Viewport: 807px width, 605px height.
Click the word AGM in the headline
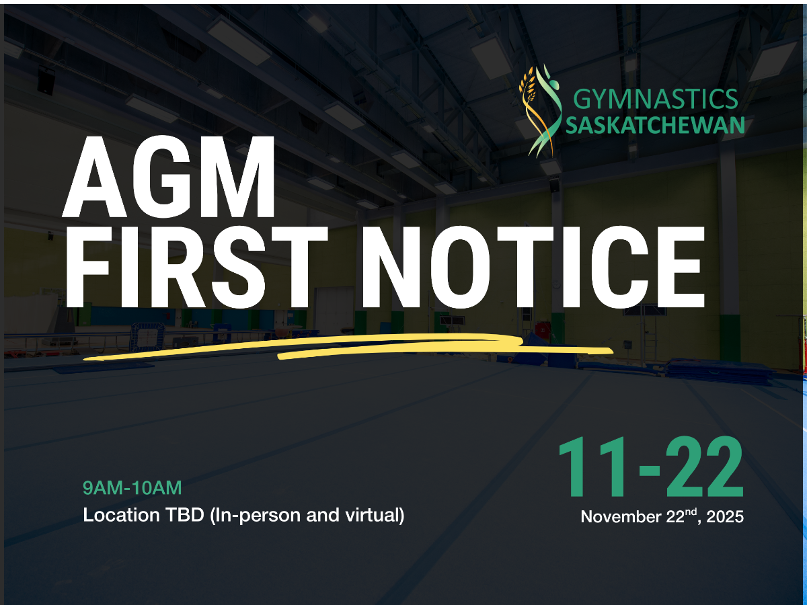(x=169, y=177)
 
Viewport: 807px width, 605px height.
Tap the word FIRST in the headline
(x=196, y=267)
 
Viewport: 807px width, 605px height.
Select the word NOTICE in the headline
(x=533, y=267)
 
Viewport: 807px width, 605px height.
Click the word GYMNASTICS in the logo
(x=656, y=99)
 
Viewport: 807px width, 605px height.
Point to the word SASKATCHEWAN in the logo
(x=655, y=125)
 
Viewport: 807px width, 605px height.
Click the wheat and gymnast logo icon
(x=541, y=111)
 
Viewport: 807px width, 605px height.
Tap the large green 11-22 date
(x=651, y=467)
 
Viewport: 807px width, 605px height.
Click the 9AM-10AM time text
(x=132, y=488)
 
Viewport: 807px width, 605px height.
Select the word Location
(x=121, y=515)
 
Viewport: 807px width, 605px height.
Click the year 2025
(x=725, y=517)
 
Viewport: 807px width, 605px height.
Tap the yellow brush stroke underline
(x=348, y=346)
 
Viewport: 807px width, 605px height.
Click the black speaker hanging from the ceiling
(x=46, y=80)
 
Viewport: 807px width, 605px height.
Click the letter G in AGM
(x=162, y=177)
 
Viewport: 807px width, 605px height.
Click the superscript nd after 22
(x=691, y=512)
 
